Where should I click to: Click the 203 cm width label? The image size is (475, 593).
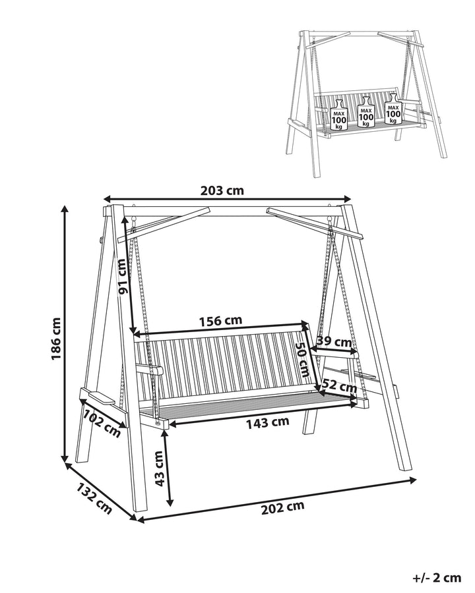[x=222, y=191]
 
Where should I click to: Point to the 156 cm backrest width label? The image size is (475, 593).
[x=220, y=321]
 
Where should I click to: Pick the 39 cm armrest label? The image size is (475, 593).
[x=334, y=342]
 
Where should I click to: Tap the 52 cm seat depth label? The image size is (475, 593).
[x=339, y=385]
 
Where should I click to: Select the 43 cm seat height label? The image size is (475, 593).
[x=158, y=468]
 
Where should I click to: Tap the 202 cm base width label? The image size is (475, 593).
[x=282, y=507]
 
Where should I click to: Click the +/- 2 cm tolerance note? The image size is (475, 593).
[x=437, y=578]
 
